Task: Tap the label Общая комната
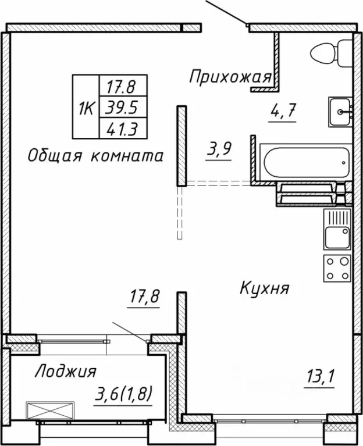95,155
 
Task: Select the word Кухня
264,288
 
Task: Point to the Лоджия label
65,371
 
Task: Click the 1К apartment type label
86,108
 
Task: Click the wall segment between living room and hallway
181,145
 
